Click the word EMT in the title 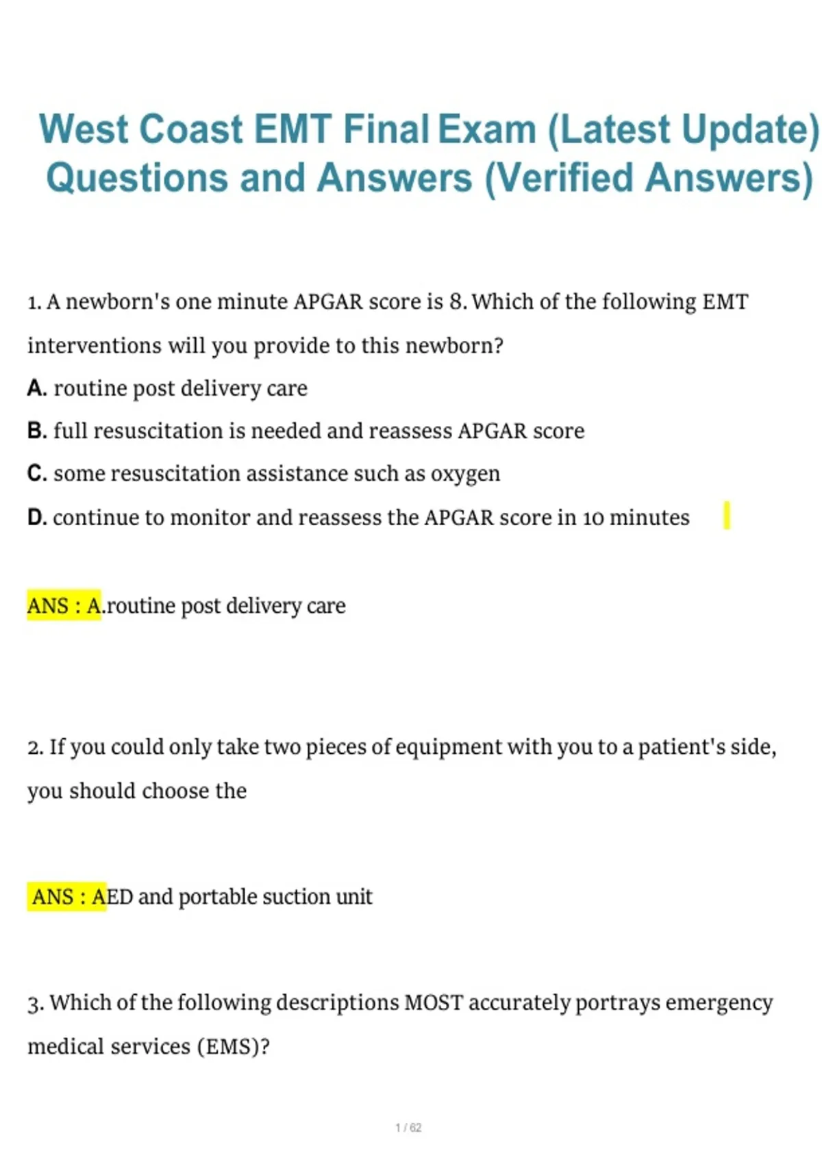292,130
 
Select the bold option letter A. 36,388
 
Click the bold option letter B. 36,431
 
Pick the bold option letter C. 36,474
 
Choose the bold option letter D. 36,518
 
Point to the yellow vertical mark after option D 727,516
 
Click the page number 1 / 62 408,1128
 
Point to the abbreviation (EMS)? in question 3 233,1047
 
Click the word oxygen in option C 465,474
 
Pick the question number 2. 34,748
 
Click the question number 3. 35,1004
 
